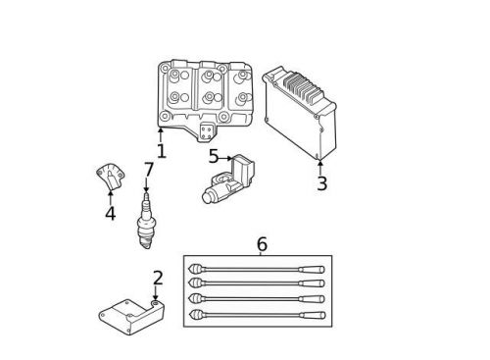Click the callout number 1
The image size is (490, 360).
pos(161,151)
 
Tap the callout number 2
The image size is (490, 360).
pos(157,279)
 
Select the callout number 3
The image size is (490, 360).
pos(321,183)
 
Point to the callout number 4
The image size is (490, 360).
pos(110,213)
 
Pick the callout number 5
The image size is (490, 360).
pos(214,157)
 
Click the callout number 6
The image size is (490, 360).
pos(262,244)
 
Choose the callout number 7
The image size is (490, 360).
pos(148,171)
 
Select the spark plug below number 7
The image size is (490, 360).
pos(146,221)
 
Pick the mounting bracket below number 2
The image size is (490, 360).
pos(130,316)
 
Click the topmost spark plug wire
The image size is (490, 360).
pos(257,269)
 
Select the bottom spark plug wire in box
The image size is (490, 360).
pos(257,315)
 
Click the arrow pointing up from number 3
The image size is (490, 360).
pos(320,168)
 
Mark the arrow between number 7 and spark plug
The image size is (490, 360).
pos(147,185)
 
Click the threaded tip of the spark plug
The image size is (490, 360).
pos(146,240)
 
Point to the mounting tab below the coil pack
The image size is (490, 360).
pos(207,131)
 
